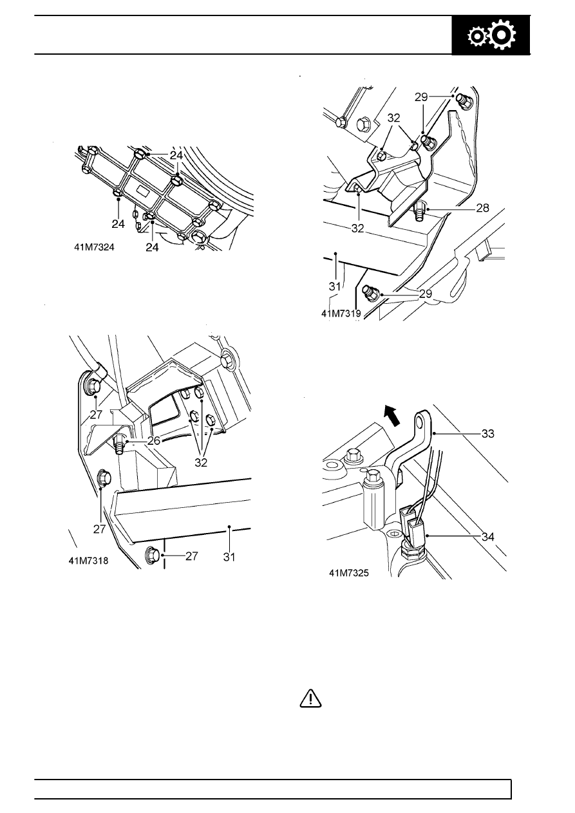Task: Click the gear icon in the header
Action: tap(491, 37)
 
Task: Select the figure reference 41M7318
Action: tap(88, 561)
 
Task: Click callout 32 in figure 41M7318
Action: tap(202, 462)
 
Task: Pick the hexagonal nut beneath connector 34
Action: tap(410, 552)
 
